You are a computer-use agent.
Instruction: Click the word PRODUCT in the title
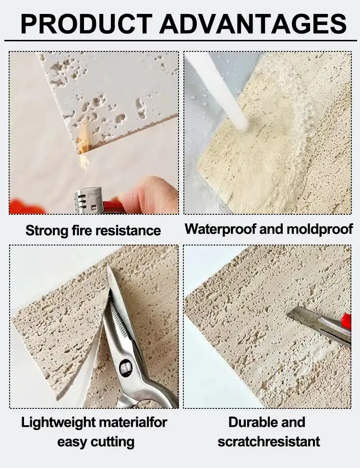click(86, 24)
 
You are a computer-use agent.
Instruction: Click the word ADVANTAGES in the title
click(253, 24)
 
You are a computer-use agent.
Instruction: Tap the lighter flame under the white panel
click(84, 146)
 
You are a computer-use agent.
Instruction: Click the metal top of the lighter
click(89, 199)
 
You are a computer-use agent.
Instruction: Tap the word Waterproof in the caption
click(220, 229)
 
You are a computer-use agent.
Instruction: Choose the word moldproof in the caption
click(319, 229)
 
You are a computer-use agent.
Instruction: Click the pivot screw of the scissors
click(126, 368)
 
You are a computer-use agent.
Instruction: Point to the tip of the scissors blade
click(108, 266)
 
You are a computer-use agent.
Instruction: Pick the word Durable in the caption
click(250, 422)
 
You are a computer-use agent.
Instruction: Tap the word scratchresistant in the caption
click(269, 442)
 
